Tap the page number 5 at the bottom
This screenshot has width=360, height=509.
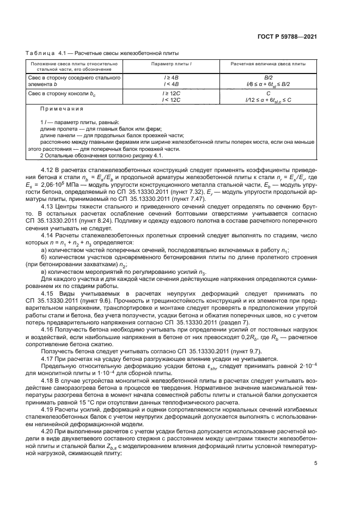pyautogui.click(x=315, y=463)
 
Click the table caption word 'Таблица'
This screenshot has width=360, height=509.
pyautogui.click(x=37, y=53)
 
